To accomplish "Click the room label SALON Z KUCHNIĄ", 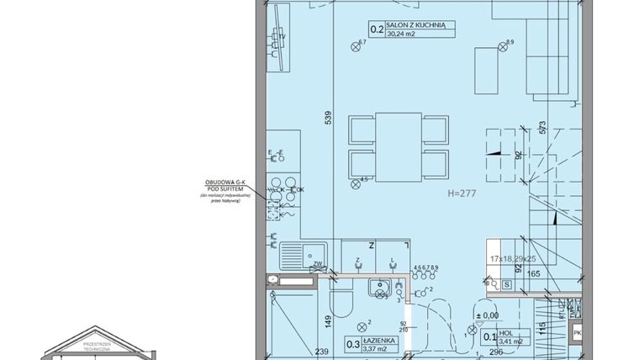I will tap(421, 26).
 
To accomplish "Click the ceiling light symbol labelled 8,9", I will tap(505, 47).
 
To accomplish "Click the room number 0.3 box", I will tap(354, 343).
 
